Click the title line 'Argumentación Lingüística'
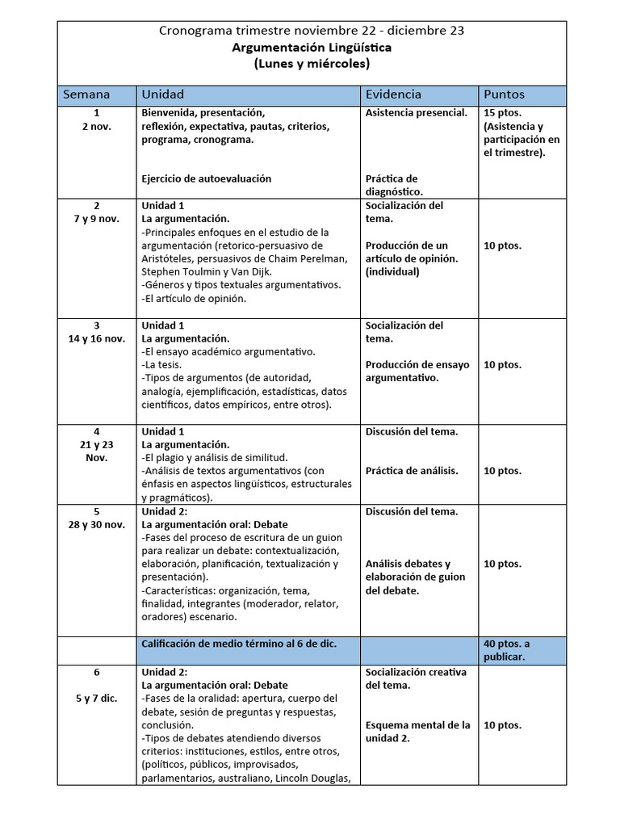click(312, 48)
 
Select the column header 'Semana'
click(86, 94)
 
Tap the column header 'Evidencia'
click(393, 94)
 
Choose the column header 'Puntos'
click(505, 94)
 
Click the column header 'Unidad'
click(163, 94)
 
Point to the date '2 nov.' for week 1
click(97, 127)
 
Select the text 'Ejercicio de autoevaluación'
click(207, 178)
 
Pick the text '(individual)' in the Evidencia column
click(392, 271)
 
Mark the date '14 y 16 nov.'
click(97, 338)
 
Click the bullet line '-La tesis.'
click(162, 364)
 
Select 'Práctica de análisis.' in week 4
click(412, 471)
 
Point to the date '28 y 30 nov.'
click(97, 524)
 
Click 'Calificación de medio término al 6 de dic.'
click(239, 644)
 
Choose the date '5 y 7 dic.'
click(97, 699)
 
